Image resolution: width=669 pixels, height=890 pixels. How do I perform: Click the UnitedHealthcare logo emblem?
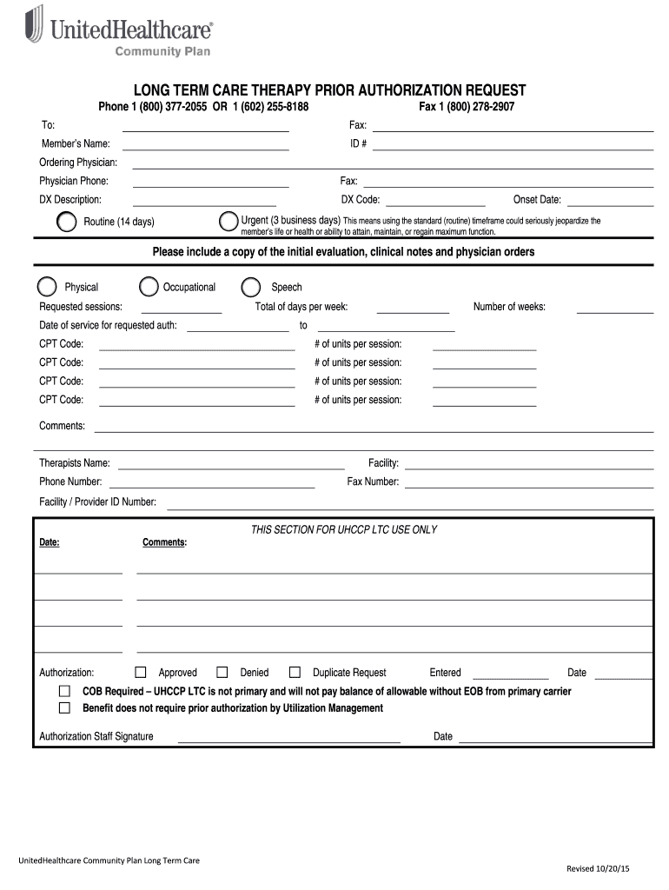pyautogui.click(x=34, y=24)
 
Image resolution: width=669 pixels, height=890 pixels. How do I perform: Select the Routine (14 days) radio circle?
pyautogui.click(x=66, y=222)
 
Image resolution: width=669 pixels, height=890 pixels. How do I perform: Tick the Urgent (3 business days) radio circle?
pyautogui.click(x=229, y=221)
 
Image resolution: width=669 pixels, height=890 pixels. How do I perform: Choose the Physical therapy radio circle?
pyautogui.click(x=47, y=287)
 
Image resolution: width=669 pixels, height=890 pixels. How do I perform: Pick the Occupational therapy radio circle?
pyautogui.click(x=149, y=287)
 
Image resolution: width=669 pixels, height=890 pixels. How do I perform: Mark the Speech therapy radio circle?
pyautogui.click(x=251, y=287)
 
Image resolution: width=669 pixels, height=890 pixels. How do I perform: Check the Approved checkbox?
pyautogui.click(x=141, y=672)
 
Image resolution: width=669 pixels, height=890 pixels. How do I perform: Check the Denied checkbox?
pyautogui.click(x=222, y=672)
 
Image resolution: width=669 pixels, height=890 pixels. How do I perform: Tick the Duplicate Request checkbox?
pyautogui.click(x=295, y=672)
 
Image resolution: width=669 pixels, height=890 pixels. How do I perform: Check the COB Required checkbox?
pyautogui.click(x=64, y=691)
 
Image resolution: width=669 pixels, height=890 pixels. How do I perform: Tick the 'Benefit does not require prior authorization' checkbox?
pyautogui.click(x=64, y=707)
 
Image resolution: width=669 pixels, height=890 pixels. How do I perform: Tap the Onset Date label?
pyautogui.click(x=537, y=200)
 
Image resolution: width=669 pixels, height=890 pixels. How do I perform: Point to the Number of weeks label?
pyautogui.click(x=509, y=307)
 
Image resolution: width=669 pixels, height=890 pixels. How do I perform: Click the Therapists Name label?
pyautogui.click(x=75, y=463)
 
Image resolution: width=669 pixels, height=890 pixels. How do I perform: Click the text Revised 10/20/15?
pyautogui.click(x=598, y=869)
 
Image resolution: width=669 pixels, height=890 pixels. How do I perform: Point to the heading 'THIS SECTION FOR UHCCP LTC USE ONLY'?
pyautogui.click(x=344, y=529)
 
